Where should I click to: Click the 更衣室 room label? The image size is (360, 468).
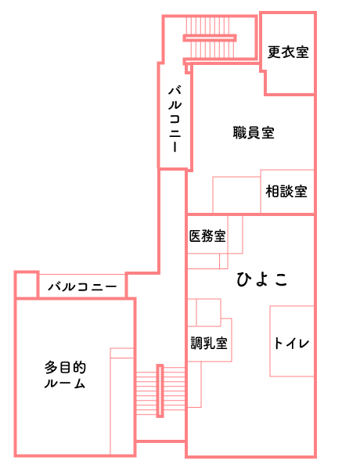[288, 52]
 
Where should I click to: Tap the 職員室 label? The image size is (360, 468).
[254, 133]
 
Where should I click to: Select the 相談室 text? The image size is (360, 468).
[286, 191]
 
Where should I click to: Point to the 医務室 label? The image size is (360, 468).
[207, 236]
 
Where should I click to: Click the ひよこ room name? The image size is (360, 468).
[262, 279]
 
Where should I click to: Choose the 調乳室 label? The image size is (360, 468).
[209, 344]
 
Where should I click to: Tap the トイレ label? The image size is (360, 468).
[291, 344]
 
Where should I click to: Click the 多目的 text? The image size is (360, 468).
[65, 367]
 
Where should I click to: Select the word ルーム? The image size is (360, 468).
[65, 383]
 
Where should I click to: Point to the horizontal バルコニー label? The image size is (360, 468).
[82, 287]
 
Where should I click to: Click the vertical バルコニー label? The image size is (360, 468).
[175, 119]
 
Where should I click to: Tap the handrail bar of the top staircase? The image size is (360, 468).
[210, 38]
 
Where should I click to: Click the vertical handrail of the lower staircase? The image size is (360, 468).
[160, 391]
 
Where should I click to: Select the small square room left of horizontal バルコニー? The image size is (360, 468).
[27, 285]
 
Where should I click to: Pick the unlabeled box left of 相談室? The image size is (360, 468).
[236, 195]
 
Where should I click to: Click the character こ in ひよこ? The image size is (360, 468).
[281, 279]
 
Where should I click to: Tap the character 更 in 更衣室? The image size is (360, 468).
[274, 52]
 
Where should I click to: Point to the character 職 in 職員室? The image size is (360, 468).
[239, 133]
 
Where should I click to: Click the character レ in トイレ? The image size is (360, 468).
[304, 344]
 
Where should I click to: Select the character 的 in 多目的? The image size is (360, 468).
[79, 367]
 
